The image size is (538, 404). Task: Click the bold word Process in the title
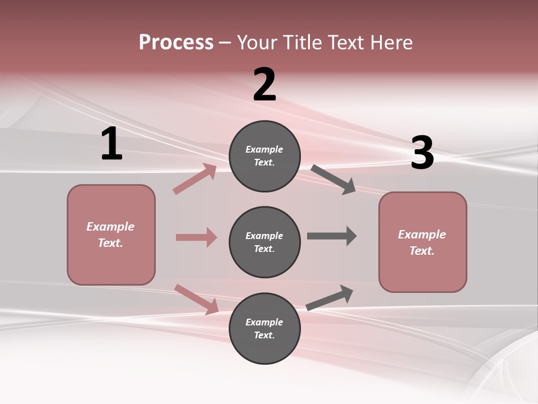(x=176, y=43)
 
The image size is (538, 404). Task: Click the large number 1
(x=112, y=144)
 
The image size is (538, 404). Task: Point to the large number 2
(x=265, y=85)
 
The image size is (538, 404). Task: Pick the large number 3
(x=423, y=153)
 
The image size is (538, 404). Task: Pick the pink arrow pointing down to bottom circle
(x=197, y=299)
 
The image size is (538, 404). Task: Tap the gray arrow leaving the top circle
(x=333, y=180)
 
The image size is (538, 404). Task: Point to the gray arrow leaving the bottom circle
(x=330, y=298)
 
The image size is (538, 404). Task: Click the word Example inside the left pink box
(x=110, y=227)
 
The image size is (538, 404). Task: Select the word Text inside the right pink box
(x=421, y=251)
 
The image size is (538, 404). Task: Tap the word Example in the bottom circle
(x=265, y=322)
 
